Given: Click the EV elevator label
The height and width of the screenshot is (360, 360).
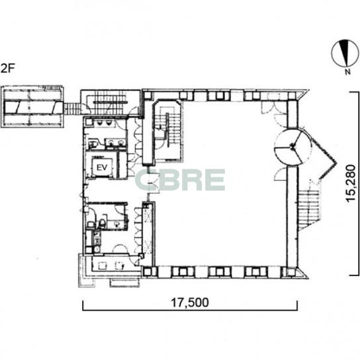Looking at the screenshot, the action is (102, 167).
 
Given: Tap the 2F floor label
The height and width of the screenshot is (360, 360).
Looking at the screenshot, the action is (7, 68).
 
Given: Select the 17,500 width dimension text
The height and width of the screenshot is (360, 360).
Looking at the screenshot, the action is (190, 302).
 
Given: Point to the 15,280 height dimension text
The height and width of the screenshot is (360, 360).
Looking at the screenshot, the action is (351, 183).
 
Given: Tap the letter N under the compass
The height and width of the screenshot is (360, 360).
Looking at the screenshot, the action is (348, 72).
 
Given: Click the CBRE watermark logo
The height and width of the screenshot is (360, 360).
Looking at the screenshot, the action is (180, 180).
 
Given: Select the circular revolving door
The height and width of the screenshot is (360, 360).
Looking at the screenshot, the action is (292, 146).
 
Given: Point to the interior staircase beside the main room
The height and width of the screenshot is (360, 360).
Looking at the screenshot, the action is (167, 131).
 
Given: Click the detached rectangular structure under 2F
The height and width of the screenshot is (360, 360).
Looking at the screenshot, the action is (32, 107).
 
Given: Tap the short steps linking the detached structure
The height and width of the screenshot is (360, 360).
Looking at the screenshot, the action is (71, 109).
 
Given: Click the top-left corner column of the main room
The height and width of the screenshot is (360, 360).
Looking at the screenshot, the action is (148, 95).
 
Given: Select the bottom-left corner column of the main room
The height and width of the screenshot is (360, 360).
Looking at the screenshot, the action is (148, 271).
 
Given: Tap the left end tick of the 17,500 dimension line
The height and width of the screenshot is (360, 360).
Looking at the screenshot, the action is (83, 305).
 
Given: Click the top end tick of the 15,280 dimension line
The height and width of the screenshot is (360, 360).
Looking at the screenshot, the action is (354, 92).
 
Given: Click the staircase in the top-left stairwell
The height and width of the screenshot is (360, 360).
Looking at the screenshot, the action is (111, 102).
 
